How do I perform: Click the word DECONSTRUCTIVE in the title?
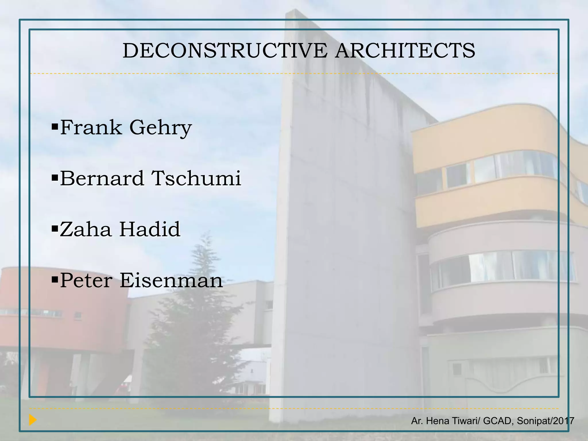[x=225, y=51]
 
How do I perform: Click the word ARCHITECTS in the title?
[x=405, y=51]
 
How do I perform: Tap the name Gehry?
[x=160, y=128]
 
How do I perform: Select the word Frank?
[x=91, y=127]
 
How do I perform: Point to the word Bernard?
[x=102, y=178]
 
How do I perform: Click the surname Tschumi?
[x=196, y=178]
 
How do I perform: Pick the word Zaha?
[x=86, y=229]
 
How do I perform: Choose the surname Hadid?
[x=150, y=229]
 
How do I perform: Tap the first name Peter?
[x=86, y=281]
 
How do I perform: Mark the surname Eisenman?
[x=171, y=281]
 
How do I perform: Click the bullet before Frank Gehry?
[x=55, y=126]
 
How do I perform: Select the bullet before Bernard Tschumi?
[x=55, y=177]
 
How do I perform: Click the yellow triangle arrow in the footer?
[x=33, y=420]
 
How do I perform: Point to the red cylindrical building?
[x=57, y=310]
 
